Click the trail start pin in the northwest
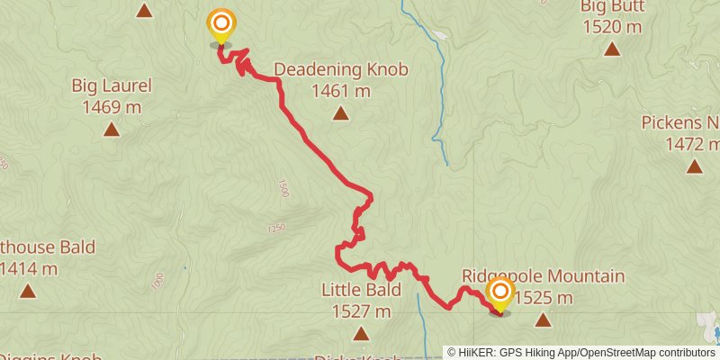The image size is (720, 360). tap(220, 25)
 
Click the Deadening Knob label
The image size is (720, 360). tap(341, 69)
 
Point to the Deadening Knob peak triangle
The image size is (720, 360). tap(340, 112)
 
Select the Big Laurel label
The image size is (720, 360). tap(112, 86)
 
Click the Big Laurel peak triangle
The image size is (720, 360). tap(112, 130)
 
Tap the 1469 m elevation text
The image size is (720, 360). tap(112, 107)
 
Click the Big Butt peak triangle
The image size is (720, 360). tap(612, 49)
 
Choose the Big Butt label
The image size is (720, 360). tap(611, 6)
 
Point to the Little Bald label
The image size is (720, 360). tap(361, 291)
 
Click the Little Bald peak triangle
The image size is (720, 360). tap(361, 334)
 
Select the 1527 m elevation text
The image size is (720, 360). tap(361, 312)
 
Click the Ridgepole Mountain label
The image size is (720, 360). tap(543, 276)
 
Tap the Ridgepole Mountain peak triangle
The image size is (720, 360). tap(543, 319)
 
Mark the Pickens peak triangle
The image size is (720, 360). tap(694, 166)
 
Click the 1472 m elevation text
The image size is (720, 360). tap(692, 144)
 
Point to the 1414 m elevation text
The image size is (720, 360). tap(30, 268)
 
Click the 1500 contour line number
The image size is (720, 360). tap(283, 188)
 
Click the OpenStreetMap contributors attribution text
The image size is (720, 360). tap(643, 353)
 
